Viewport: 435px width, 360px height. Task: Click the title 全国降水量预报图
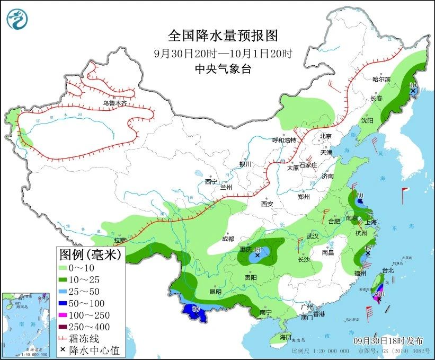223,36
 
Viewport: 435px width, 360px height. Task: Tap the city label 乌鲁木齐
115,103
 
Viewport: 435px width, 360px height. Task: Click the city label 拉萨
119,240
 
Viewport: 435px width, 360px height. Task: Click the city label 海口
285,337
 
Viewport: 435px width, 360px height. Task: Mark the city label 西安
267,204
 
